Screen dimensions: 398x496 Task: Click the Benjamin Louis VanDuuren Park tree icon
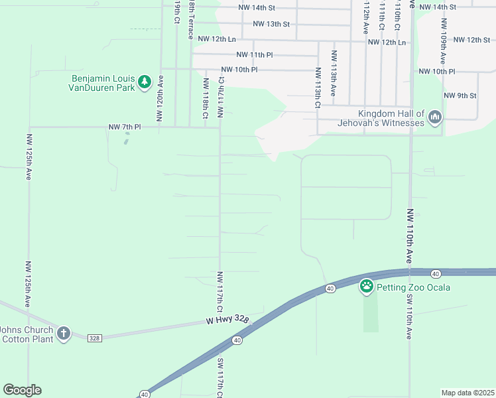(145, 83)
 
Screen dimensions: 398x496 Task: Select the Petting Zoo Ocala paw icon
(366, 287)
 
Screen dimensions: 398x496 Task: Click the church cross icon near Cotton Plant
(64, 333)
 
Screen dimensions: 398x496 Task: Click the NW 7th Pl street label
(125, 126)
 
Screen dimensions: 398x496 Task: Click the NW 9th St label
(460, 96)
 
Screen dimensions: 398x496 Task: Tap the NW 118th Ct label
(206, 99)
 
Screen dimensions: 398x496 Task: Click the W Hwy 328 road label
(227, 321)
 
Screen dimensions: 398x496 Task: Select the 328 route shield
(94, 338)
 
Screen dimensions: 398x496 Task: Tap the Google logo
(22, 390)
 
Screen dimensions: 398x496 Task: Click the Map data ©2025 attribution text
(468, 393)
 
